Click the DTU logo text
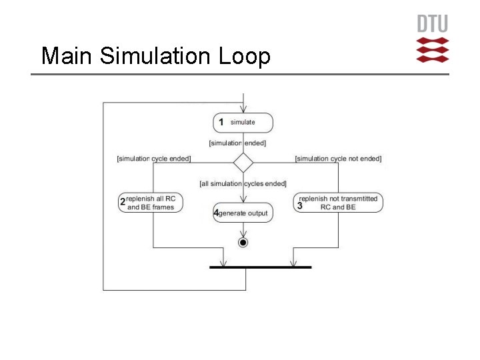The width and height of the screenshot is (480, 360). click(x=432, y=24)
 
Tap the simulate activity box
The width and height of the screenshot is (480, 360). click(x=243, y=123)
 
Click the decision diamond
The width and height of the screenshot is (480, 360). click(x=243, y=163)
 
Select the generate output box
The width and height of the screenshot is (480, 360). click(x=243, y=213)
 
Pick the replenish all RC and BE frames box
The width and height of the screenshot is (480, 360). click(x=151, y=203)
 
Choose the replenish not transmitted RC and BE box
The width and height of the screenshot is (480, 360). click(x=339, y=203)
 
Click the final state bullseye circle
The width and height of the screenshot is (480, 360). click(x=243, y=243)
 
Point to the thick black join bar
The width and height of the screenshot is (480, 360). click(x=260, y=267)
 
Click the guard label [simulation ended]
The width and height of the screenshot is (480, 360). click(x=237, y=143)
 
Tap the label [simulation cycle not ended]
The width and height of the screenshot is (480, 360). click(x=338, y=159)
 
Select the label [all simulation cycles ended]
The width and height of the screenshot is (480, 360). click(x=243, y=183)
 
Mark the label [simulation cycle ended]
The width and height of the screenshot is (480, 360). click(x=153, y=159)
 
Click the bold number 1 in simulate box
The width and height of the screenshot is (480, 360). click(x=221, y=123)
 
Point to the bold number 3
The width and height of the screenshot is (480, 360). click(x=300, y=207)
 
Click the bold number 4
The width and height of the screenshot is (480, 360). click(x=215, y=213)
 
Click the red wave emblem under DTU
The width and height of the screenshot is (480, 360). click(x=432, y=50)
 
